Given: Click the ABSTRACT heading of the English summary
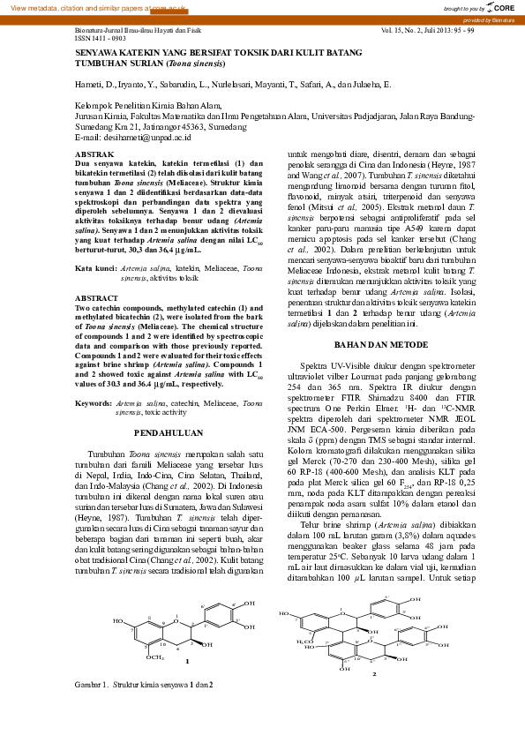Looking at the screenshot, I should [x=92, y=298].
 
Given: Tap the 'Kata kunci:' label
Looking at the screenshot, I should [x=95, y=266].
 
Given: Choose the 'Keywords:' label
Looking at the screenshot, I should [x=94, y=402].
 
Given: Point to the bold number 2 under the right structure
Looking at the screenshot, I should [x=374, y=672].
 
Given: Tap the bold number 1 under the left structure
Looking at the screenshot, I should [x=185, y=659].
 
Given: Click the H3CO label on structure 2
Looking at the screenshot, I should [x=305, y=640].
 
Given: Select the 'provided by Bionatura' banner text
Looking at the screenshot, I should [x=489, y=19].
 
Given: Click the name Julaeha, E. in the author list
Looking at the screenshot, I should [x=370, y=85].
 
